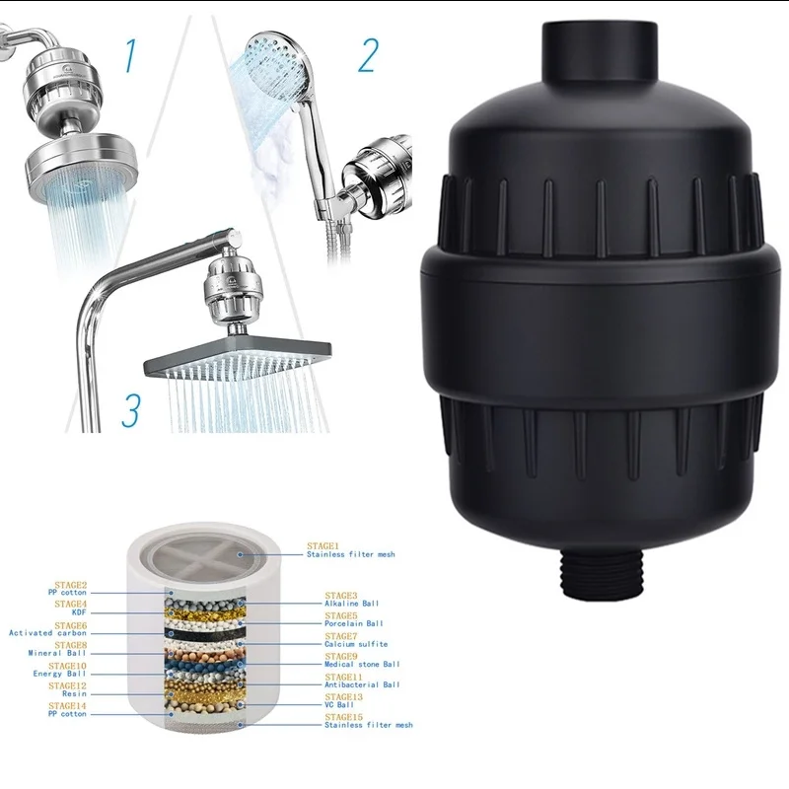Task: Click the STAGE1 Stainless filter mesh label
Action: tap(350, 549)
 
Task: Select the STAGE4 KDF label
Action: tap(72, 609)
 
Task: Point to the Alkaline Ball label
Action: tap(351, 602)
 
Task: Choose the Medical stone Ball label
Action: tap(362, 663)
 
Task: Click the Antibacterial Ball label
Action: tap(362, 682)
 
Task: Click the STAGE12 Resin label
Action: tap(68, 690)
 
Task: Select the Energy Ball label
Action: tap(61, 672)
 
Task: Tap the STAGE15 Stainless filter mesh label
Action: tap(368, 723)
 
